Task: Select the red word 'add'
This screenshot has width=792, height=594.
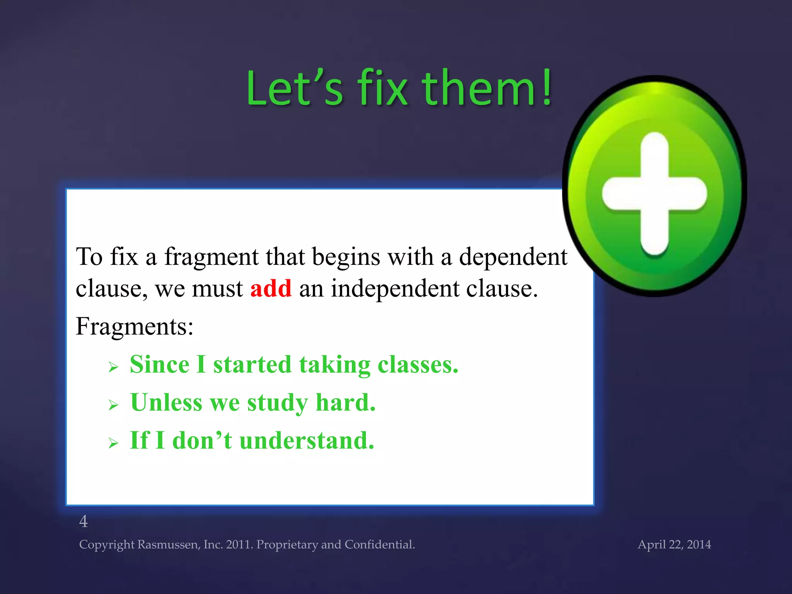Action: [271, 288]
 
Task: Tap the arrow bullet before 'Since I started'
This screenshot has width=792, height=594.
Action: [113, 366]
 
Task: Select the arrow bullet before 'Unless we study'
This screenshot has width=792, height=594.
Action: [113, 405]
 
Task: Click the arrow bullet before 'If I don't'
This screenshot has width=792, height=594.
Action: [113, 442]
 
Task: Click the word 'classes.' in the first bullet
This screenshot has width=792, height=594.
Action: [418, 365]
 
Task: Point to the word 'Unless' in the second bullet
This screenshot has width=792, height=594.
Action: [166, 403]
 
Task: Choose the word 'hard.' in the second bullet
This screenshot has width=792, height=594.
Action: [345, 403]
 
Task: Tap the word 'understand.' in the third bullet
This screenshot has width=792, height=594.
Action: [307, 440]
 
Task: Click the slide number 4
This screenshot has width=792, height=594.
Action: [84, 522]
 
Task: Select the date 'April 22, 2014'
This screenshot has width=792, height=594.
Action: [674, 544]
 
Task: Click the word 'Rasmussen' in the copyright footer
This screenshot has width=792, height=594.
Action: [169, 544]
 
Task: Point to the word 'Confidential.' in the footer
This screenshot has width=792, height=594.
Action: [379, 544]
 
